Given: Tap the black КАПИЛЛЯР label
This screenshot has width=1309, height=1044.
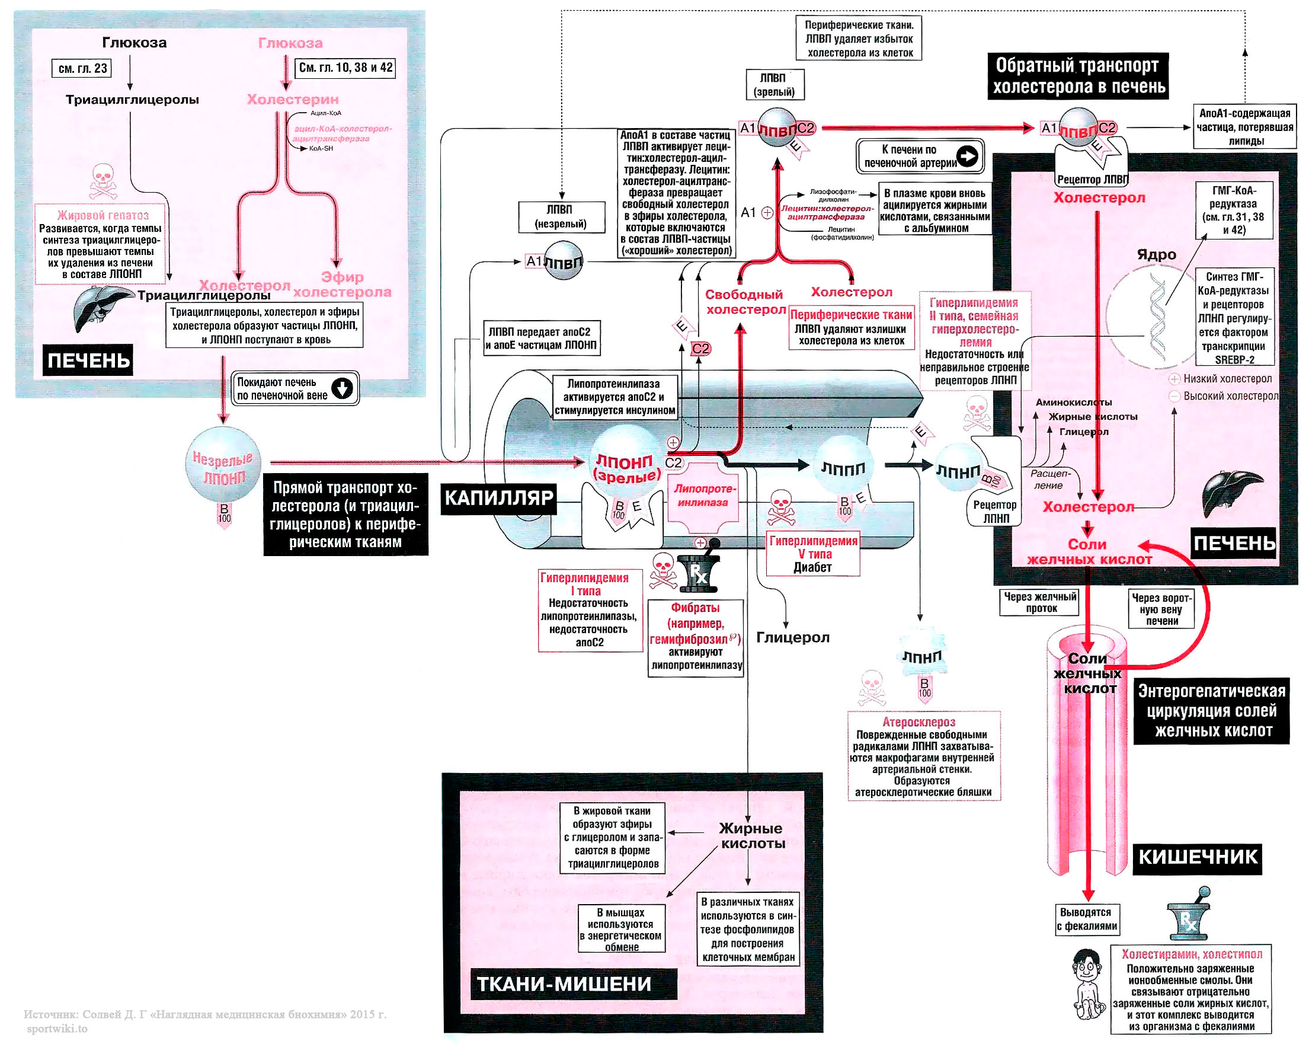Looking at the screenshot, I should click(x=498, y=499).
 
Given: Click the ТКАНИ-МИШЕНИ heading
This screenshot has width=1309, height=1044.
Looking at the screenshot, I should click(x=564, y=984).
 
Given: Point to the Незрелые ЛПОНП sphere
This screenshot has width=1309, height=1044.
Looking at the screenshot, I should click(x=223, y=465).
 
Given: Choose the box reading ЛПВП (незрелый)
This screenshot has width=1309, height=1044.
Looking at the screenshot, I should click(x=562, y=217).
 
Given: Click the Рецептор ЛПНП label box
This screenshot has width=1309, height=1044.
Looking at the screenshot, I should click(x=994, y=512).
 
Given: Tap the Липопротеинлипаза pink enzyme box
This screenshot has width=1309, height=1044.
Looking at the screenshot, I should click(x=703, y=496).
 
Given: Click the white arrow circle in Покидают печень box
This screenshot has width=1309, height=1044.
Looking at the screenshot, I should click(x=343, y=388).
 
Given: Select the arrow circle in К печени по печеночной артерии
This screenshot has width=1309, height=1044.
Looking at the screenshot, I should click(x=968, y=156).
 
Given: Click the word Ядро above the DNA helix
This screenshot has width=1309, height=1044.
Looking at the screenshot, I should click(x=1157, y=255).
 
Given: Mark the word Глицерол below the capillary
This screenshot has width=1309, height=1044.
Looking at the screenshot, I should click(x=792, y=638).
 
